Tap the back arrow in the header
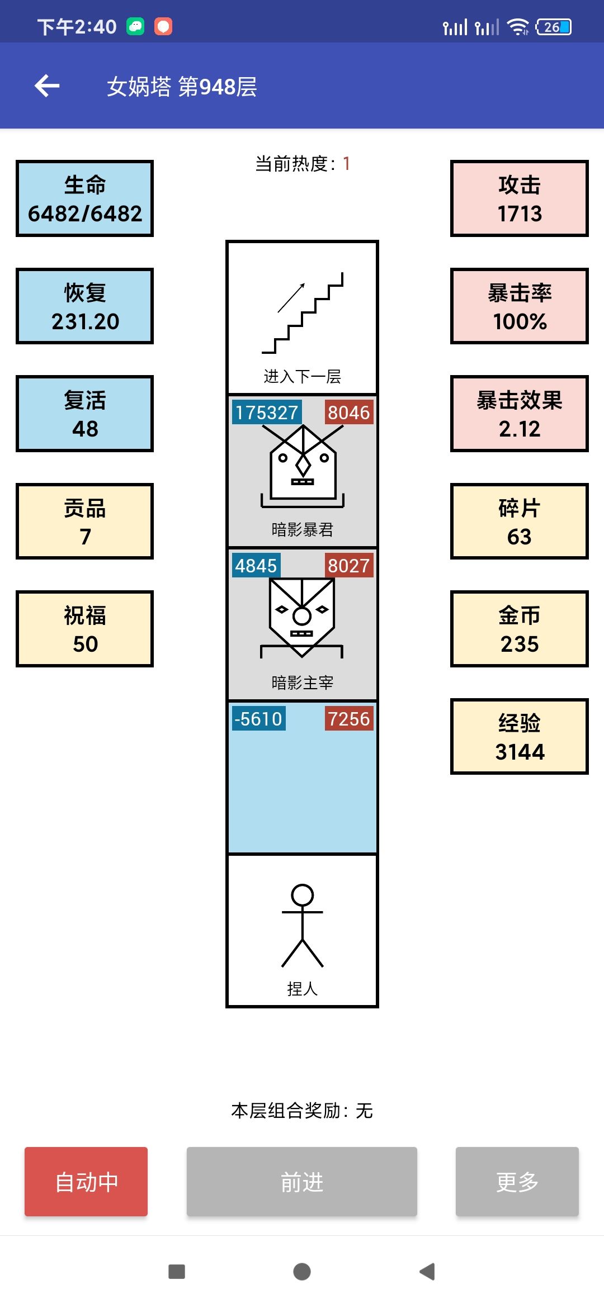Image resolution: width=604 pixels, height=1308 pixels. click(x=47, y=86)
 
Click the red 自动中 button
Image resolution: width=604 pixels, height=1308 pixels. click(x=86, y=1181)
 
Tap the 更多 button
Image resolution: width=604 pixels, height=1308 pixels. click(x=517, y=1181)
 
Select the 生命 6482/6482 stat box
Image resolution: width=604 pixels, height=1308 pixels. click(x=85, y=198)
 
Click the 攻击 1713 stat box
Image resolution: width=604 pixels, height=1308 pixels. click(x=520, y=198)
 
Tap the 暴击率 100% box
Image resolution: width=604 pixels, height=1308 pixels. click(x=520, y=306)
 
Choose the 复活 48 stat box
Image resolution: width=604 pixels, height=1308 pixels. click(x=85, y=414)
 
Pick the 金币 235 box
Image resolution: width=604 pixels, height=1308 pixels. click(x=520, y=629)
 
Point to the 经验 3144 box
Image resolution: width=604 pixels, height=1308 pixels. click(x=520, y=737)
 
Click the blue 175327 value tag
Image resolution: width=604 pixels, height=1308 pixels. click(x=267, y=413)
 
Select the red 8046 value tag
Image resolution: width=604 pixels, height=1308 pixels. click(x=349, y=413)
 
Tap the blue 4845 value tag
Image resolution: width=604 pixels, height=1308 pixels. click(x=256, y=566)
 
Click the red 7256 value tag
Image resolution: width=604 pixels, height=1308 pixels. click(x=349, y=719)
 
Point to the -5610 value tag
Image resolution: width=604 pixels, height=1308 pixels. click(x=258, y=719)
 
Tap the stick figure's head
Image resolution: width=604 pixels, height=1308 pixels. click(x=303, y=895)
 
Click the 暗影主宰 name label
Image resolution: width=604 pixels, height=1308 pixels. click(x=303, y=683)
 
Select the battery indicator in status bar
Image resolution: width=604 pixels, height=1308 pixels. click(x=554, y=27)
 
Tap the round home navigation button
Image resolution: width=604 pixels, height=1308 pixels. click(x=302, y=1272)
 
